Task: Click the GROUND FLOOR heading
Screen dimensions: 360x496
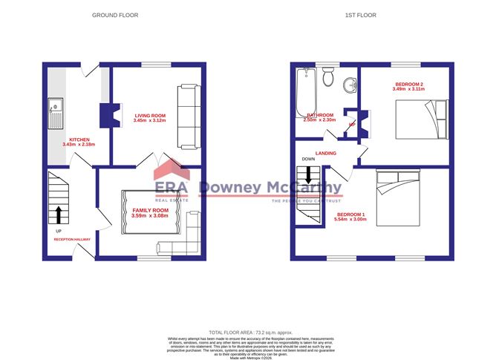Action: coord(114,15)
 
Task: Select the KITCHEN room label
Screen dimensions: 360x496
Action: coord(79,140)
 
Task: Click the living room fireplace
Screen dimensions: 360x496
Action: coord(105,115)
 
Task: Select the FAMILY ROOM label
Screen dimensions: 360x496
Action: coord(151,212)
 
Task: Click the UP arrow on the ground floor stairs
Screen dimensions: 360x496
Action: coord(56,215)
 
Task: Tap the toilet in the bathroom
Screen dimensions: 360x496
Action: coord(329,79)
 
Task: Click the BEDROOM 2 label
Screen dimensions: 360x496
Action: coord(408,85)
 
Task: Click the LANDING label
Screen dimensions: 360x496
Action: coord(326,153)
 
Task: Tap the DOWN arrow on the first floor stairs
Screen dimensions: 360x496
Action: coord(307,177)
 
